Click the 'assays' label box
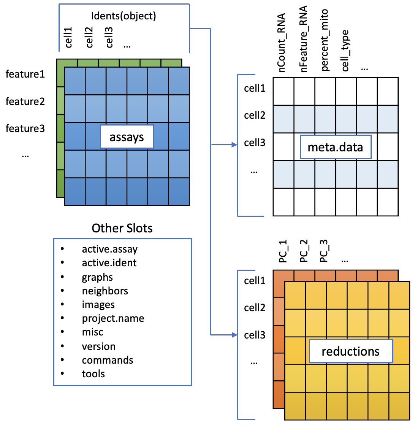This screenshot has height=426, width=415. (x=127, y=137)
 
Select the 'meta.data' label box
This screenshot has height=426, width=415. (x=336, y=147)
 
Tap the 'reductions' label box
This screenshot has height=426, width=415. (x=351, y=351)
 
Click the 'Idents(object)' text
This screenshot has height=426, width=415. (x=124, y=16)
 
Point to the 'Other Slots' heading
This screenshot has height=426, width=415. (x=122, y=228)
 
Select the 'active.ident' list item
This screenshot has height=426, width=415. (x=109, y=263)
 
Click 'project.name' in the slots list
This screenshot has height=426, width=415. (x=113, y=318)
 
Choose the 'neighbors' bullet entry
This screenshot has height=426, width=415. (x=105, y=291)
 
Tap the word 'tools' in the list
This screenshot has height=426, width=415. (x=93, y=374)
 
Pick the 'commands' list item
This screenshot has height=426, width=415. (x=108, y=360)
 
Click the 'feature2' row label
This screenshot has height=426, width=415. (x=25, y=101)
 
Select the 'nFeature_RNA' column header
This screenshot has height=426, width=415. (x=303, y=39)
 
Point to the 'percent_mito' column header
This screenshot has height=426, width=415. (x=324, y=40)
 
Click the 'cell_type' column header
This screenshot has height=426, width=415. (x=345, y=51)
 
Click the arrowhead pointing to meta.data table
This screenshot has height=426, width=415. (x=234, y=145)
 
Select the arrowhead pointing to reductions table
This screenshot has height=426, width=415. (x=234, y=335)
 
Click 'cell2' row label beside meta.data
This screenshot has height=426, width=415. (x=255, y=115)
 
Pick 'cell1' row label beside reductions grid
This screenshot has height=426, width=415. (x=255, y=280)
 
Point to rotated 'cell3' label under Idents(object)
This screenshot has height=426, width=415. (x=109, y=37)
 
